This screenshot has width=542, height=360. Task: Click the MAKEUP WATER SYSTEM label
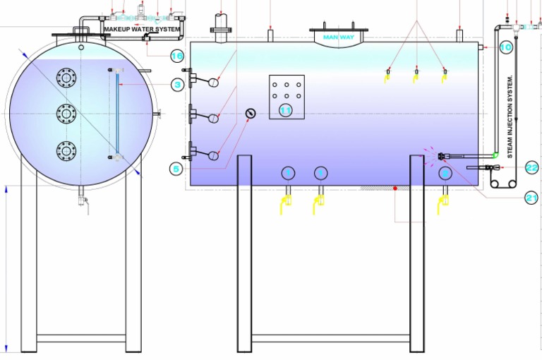(141, 29)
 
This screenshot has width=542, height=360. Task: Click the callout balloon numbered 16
(176, 55)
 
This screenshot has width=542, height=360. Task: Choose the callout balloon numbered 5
(176, 168)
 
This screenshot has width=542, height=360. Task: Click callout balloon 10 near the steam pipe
(505, 47)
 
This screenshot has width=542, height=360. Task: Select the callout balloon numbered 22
(531, 167)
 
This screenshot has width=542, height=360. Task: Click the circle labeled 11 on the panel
(286, 109)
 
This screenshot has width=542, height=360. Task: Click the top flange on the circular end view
(66, 76)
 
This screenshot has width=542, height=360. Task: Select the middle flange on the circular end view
(66, 113)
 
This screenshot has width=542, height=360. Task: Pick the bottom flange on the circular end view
(66, 150)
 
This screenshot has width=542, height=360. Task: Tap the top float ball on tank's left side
(213, 83)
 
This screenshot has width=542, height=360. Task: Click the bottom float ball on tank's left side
(213, 155)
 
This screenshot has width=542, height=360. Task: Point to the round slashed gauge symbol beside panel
(249, 114)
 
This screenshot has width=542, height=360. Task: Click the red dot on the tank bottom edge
(395, 188)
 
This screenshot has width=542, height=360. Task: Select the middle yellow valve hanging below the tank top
(416, 76)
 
